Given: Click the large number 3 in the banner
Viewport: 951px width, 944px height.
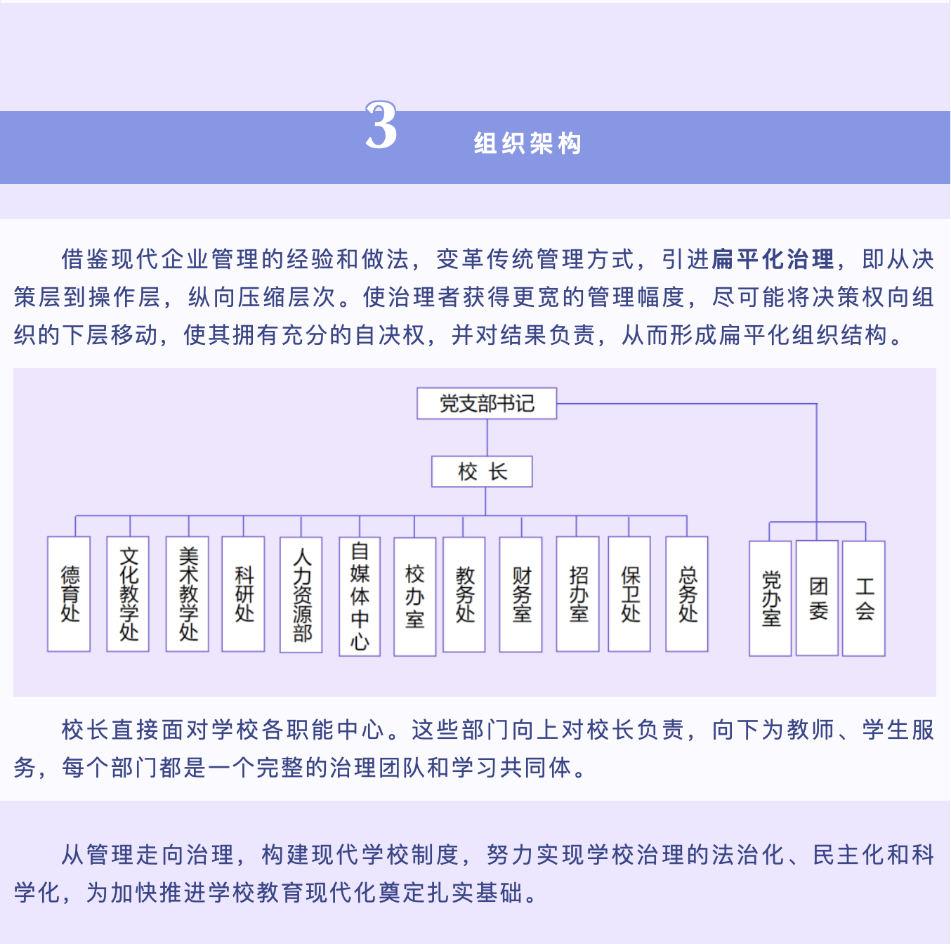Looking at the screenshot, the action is (x=381, y=126).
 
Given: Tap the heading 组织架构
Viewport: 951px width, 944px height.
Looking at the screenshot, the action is (x=527, y=144).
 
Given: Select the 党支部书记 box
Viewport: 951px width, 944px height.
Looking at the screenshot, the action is (x=487, y=403).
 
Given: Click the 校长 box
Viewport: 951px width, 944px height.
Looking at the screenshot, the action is (x=482, y=471).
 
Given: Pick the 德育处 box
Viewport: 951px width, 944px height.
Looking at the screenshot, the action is (x=69, y=594).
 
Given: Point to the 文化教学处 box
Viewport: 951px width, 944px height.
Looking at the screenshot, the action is (x=128, y=594).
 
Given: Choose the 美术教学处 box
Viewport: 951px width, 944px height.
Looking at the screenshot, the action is (x=188, y=594).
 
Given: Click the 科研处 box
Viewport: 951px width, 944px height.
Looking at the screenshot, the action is (x=243, y=594).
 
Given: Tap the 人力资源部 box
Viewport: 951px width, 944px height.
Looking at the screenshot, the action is (x=301, y=595).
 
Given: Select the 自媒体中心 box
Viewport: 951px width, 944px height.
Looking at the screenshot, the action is (x=360, y=596).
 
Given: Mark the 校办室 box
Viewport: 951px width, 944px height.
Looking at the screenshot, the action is (x=415, y=596).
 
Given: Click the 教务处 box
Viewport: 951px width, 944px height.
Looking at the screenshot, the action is (x=464, y=594).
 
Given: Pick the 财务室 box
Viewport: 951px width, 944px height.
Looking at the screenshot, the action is (x=520, y=594).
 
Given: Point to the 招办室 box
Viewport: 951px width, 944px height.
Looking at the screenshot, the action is (x=578, y=594).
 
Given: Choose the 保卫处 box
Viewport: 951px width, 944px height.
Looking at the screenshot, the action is (x=629, y=594).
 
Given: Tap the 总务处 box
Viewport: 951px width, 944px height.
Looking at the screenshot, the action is (x=687, y=594).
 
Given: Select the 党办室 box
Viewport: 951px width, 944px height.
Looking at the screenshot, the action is (x=770, y=598).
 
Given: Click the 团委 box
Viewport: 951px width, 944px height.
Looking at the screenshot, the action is (x=818, y=598).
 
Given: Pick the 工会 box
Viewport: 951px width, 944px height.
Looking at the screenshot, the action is (x=864, y=598).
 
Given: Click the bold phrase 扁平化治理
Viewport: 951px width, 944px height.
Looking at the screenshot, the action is (x=773, y=259).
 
